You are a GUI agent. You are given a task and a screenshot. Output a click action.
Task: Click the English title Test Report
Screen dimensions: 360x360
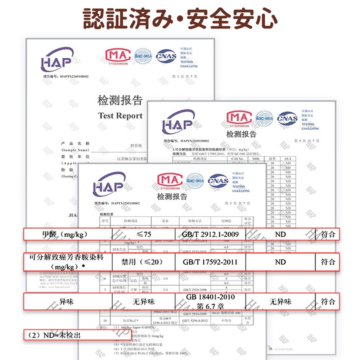pos(120,116)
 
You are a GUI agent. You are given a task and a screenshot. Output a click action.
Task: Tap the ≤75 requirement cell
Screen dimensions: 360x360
pos(144,234)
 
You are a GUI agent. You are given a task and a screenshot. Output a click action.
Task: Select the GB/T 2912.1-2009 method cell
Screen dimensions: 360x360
pos(210,234)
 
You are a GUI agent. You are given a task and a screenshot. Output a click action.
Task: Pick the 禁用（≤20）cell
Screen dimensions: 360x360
pos(144,262)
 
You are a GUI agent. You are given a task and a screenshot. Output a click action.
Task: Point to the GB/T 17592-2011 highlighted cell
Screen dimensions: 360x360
pos(210,262)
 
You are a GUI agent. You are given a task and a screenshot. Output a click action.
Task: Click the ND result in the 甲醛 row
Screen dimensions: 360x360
pos(280,234)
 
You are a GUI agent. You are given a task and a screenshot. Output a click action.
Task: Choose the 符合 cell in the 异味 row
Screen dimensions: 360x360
pos(328,302)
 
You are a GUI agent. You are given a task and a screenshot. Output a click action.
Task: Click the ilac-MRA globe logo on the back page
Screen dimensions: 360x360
pos(143,57)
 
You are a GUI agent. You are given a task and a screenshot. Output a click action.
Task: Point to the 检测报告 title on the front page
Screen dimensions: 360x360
pos(172,197)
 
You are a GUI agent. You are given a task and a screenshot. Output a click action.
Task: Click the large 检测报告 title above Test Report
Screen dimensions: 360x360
pos(120,100)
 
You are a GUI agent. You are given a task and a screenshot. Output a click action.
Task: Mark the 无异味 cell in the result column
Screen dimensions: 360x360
pos(280,302)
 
